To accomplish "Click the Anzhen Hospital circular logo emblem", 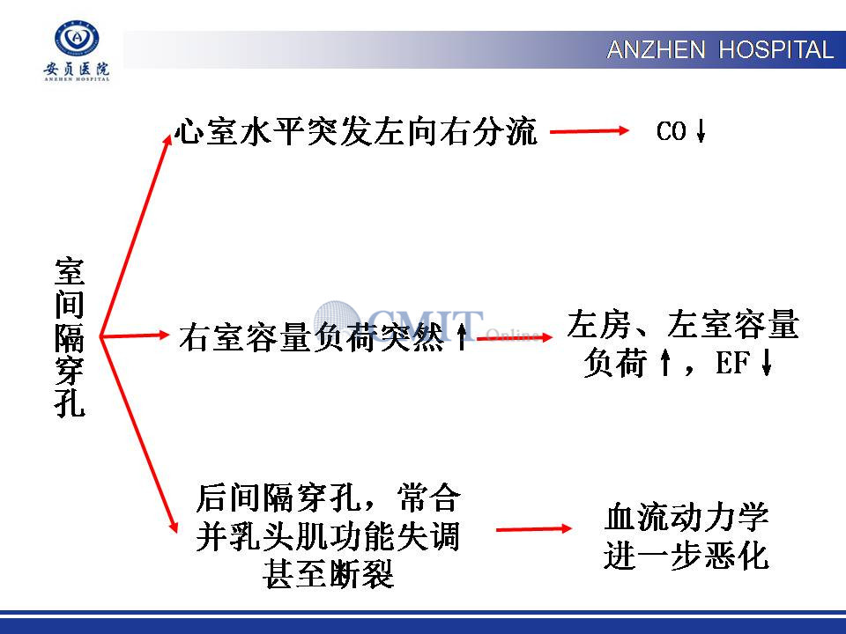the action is click(x=78, y=38).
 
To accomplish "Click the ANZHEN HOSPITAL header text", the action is click(x=720, y=50).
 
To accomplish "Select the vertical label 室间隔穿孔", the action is click(x=70, y=337).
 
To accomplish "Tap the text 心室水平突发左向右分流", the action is click(x=356, y=131).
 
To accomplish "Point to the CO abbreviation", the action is click(x=671, y=131).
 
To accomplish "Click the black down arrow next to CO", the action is click(x=701, y=131).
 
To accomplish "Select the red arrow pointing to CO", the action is click(x=590, y=130).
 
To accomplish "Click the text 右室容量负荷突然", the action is click(x=312, y=337).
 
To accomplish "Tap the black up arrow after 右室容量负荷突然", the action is click(x=462, y=337).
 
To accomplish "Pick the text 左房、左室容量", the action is click(x=682, y=324).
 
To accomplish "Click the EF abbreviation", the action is click(x=732, y=362).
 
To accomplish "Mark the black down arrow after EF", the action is click(x=766, y=362).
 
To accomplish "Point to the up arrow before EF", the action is click(x=665, y=362).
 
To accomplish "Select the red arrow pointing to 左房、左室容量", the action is click(x=515, y=338).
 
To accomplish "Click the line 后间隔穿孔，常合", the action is click(x=328, y=498).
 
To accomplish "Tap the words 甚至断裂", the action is click(x=329, y=573).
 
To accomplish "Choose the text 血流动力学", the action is click(x=686, y=517).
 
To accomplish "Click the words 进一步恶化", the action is click(x=686, y=556).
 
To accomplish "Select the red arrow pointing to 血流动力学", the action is click(x=534, y=529).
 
